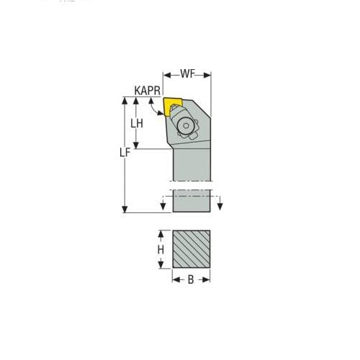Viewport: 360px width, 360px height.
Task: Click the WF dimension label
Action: tap(187, 74)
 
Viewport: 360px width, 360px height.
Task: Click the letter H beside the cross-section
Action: tap(161, 249)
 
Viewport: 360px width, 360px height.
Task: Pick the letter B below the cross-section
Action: tap(191, 279)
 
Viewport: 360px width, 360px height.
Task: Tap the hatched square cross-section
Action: tap(192, 249)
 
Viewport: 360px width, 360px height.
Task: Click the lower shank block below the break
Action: tap(192, 203)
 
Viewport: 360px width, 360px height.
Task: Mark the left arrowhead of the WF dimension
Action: tap(166, 74)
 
